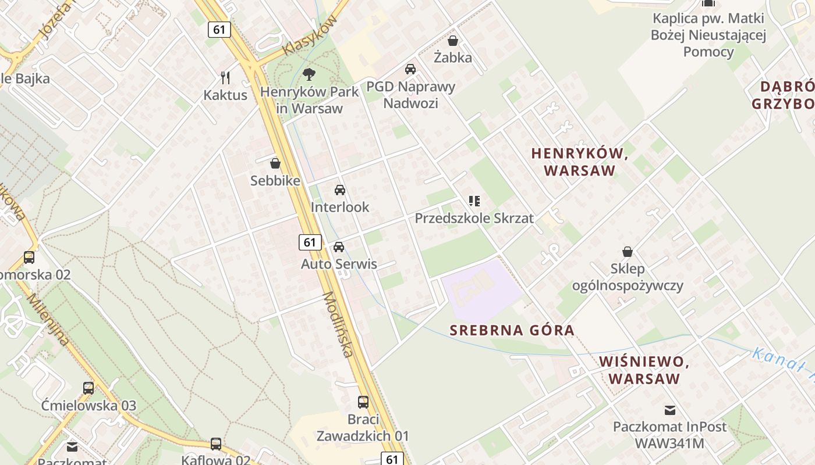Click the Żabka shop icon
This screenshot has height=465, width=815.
(453, 41)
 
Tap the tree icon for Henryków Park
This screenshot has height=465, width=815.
(309, 74)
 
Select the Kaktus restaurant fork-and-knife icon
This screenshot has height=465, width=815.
(225, 77)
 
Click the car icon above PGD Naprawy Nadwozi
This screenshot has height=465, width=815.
(410, 69)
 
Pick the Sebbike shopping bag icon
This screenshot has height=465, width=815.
(275, 163)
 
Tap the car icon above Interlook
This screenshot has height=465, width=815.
(340, 190)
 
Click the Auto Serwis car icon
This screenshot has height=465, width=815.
(339, 247)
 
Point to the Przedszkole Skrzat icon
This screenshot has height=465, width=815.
(474, 201)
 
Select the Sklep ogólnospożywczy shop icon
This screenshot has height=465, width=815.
(628, 252)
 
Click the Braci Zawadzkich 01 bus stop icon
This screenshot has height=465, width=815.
(363, 402)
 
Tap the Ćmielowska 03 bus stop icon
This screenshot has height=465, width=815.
(88, 388)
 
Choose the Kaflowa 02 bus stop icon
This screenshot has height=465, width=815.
(216, 444)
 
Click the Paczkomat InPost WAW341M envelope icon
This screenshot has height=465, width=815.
(670, 410)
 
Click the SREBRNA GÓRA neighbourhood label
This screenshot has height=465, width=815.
(512, 330)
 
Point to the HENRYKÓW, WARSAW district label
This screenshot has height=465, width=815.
(579, 162)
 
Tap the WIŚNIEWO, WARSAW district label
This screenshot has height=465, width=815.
(644, 370)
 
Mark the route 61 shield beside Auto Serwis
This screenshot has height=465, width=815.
(310, 242)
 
